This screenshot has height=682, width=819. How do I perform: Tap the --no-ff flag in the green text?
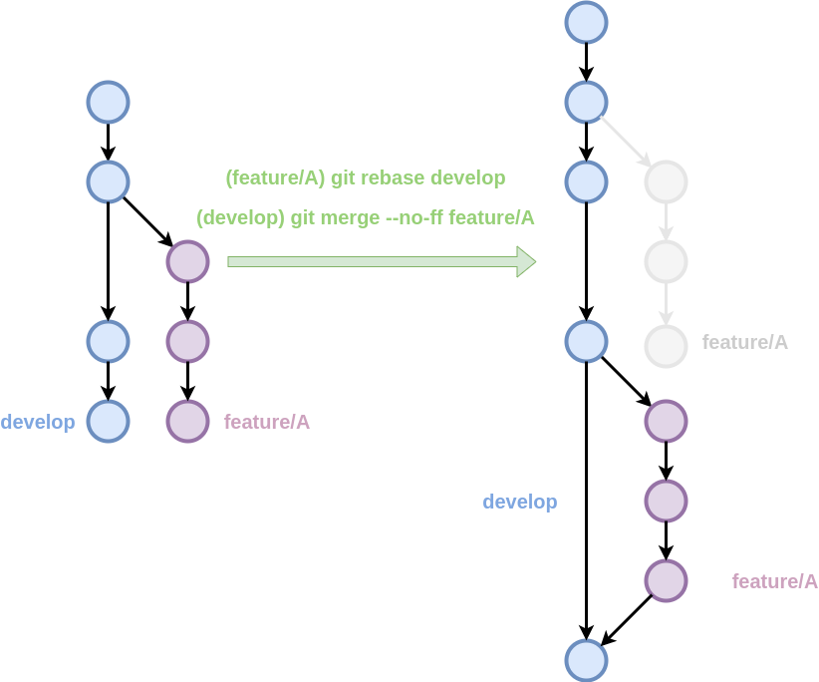(414, 217)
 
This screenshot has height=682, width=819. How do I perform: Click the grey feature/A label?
(745, 342)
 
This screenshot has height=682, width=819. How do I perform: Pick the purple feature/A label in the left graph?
(267, 422)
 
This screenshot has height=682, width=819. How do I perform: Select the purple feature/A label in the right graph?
(775, 581)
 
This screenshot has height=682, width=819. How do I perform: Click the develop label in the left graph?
(38, 422)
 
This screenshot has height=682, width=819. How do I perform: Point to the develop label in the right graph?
(520, 502)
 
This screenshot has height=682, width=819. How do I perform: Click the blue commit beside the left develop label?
(108, 421)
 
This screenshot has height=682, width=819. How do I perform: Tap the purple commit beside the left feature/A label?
(187, 421)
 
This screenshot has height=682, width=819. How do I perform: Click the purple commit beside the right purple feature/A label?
(666, 580)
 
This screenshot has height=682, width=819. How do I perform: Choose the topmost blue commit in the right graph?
(586, 22)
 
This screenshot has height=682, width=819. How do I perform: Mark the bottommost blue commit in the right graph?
(586, 660)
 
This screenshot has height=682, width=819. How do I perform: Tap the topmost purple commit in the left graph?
(187, 261)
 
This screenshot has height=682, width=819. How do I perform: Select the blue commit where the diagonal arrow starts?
(586, 102)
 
